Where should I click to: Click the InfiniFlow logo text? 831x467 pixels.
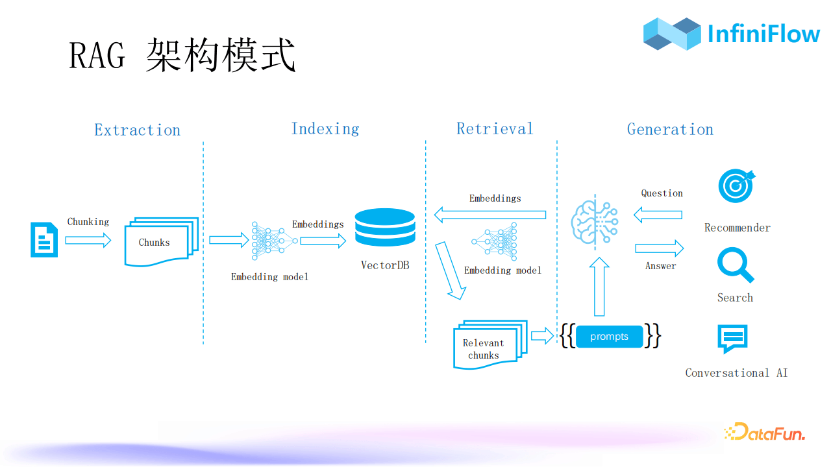[x=763, y=34]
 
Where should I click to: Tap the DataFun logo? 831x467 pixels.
[x=764, y=432]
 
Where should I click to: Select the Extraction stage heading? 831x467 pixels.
[x=137, y=130]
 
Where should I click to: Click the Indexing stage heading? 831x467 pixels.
[x=325, y=129]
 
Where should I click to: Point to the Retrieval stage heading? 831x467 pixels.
[x=495, y=129]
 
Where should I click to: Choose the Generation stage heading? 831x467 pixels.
[x=670, y=130]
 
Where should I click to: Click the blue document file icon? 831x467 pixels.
[x=44, y=240]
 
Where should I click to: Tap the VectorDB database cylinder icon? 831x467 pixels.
[x=385, y=228]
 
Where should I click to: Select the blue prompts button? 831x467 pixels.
[x=609, y=337]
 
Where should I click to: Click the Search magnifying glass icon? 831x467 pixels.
[x=735, y=266]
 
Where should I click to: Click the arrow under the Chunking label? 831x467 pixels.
[x=88, y=241]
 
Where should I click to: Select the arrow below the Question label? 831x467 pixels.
[x=658, y=215]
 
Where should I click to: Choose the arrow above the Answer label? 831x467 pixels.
[x=660, y=248]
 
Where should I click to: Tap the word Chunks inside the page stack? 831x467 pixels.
[x=154, y=243]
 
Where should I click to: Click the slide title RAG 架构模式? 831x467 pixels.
[x=182, y=55]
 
